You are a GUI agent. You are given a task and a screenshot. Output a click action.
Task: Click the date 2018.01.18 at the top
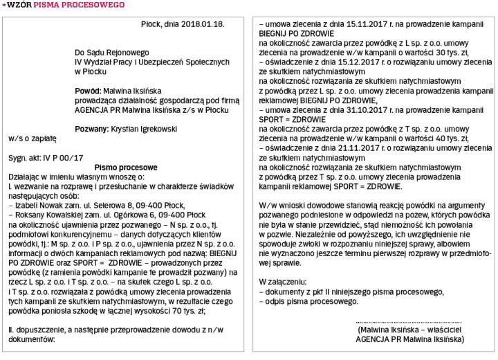(205, 24)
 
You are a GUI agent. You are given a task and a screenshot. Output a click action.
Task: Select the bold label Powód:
(88, 91)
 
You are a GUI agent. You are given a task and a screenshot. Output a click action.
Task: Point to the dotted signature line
(408, 322)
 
